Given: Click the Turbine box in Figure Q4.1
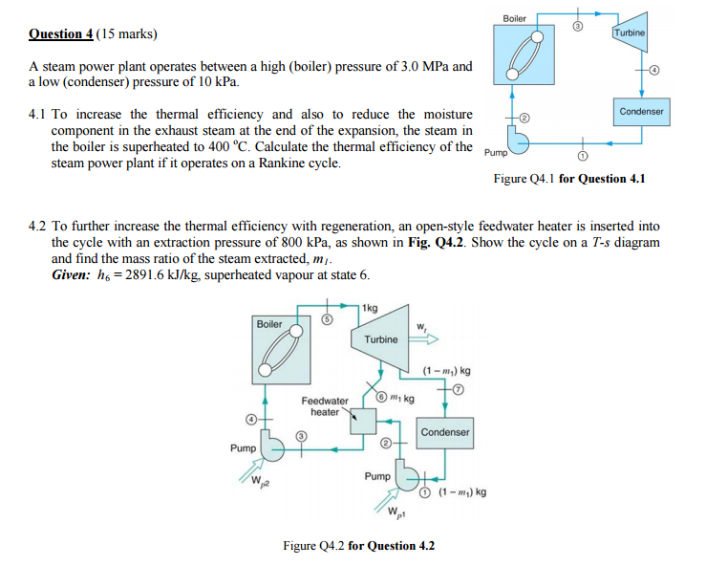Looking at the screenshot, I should tap(630, 34).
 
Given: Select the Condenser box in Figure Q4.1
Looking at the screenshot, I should tap(641, 112).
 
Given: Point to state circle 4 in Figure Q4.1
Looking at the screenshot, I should tap(655, 71).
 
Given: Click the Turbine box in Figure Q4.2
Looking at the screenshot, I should tap(380, 339).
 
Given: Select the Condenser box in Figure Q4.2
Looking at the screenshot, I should tap(445, 432).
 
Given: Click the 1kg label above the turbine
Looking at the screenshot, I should tap(370, 308).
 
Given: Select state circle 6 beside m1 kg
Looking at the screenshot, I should tap(379, 397).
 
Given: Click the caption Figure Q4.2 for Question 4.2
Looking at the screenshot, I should tap(359, 546).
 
